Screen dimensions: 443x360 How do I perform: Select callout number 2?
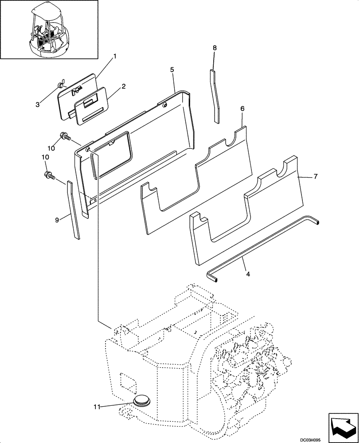coord(124,86)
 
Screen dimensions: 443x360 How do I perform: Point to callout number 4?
coord(248,274)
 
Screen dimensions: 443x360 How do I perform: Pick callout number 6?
coord(243,109)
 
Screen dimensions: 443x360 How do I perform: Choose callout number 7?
coord(315,176)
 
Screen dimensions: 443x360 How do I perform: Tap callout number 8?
coord(215,47)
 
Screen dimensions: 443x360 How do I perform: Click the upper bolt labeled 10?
coord(63,137)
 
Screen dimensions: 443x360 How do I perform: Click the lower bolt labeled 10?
coord(49,176)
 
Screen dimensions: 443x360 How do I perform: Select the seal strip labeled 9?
coord(74,210)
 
